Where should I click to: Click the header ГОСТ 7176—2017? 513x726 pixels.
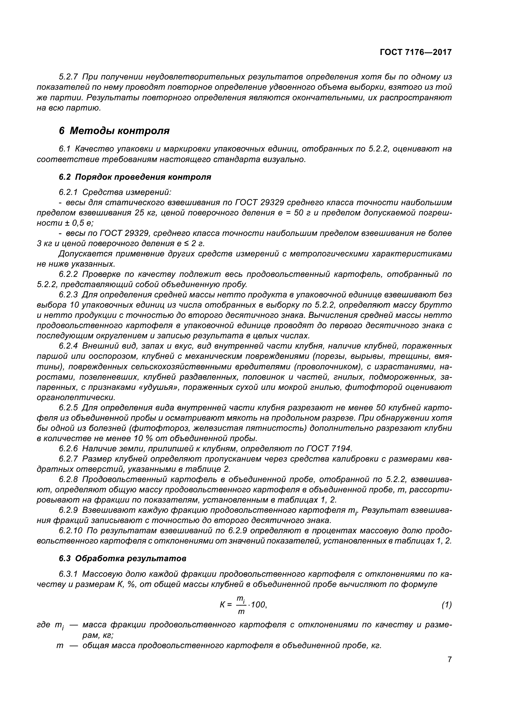point(415,52)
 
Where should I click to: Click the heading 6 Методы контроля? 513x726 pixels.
point(114,131)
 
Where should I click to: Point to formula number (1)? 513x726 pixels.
point(446,605)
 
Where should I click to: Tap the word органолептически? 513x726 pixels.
point(76,397)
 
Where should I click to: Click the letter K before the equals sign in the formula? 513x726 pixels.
point(223,605)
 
